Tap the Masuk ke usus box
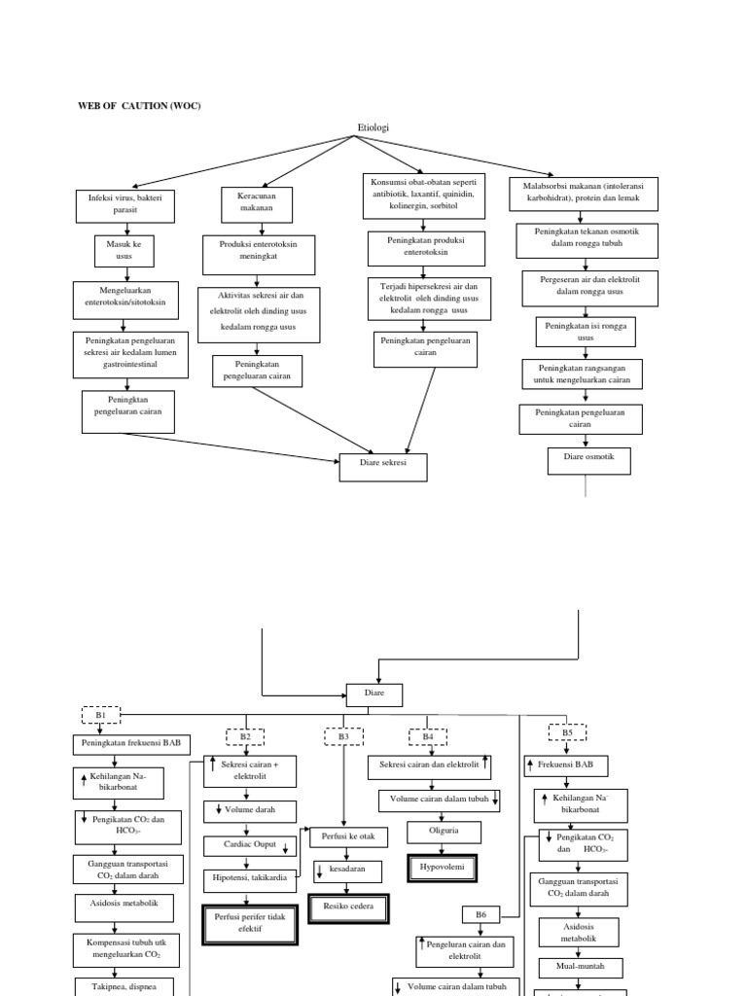[x=124, y=250]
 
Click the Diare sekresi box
[x=383, y=467]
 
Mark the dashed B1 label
[x=100, y=715]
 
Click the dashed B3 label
[x=343, y=737]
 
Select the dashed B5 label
[x=567, y=732]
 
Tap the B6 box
[x=480, y=914]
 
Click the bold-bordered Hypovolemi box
[x=443, y=865]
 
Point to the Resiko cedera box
[x=348, y=907]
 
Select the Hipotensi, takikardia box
[x=246, y=876]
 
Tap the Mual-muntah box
[x=581, y=968]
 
